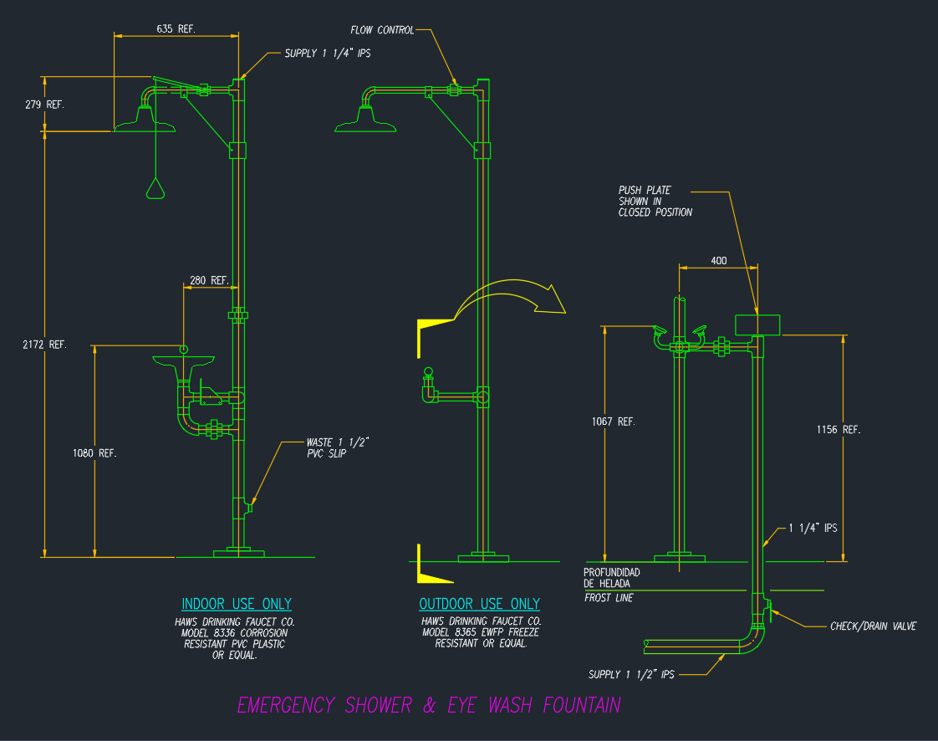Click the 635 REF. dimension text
(x=176, y=28)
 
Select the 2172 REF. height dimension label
(x=47, y=345)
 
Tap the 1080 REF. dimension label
(x=96, y=452)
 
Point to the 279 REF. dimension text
(x=45, y=105)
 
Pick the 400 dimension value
(x=719, y=261)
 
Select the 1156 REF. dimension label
(x=839, y=429)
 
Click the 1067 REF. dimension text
(x=614, y=422)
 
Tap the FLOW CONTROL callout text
(x=382, y=30)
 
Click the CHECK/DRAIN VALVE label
(x=873, y=626)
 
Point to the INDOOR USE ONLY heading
(x=237, y=604)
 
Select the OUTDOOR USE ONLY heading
(x=480, y=604)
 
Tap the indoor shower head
(x=145, y=124)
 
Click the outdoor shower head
(x=366, y=124)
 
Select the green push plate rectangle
(x=757, y=324)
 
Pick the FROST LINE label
(x=609, y=598)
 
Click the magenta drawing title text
(x=429, y=705)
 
